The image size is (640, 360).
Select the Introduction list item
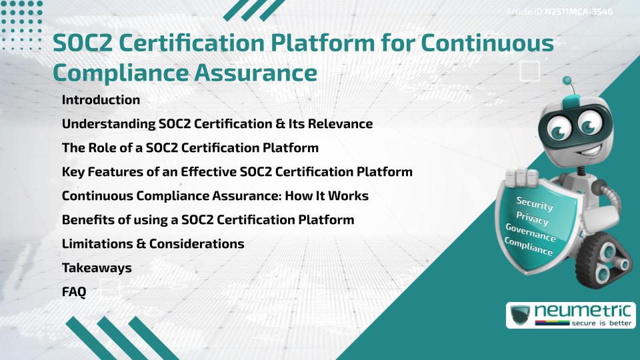(x=101, y=100)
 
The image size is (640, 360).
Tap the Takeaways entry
(x=97, y=268)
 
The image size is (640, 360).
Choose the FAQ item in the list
(x=74, y=292)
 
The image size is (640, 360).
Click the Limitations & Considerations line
(x=153, y=244)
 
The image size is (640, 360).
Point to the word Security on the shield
(x=535, y=203)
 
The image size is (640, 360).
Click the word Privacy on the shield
(x=532, y=219)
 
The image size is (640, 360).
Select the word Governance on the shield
(x=530, y=233)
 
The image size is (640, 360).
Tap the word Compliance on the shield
(x=529, y=247)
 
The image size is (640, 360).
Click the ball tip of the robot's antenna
(x=567, y=81)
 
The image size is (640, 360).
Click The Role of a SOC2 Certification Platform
(x=190, y=148)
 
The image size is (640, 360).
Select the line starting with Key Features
(x=237, y=172)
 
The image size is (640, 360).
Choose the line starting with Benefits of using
(x=207, y=220)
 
